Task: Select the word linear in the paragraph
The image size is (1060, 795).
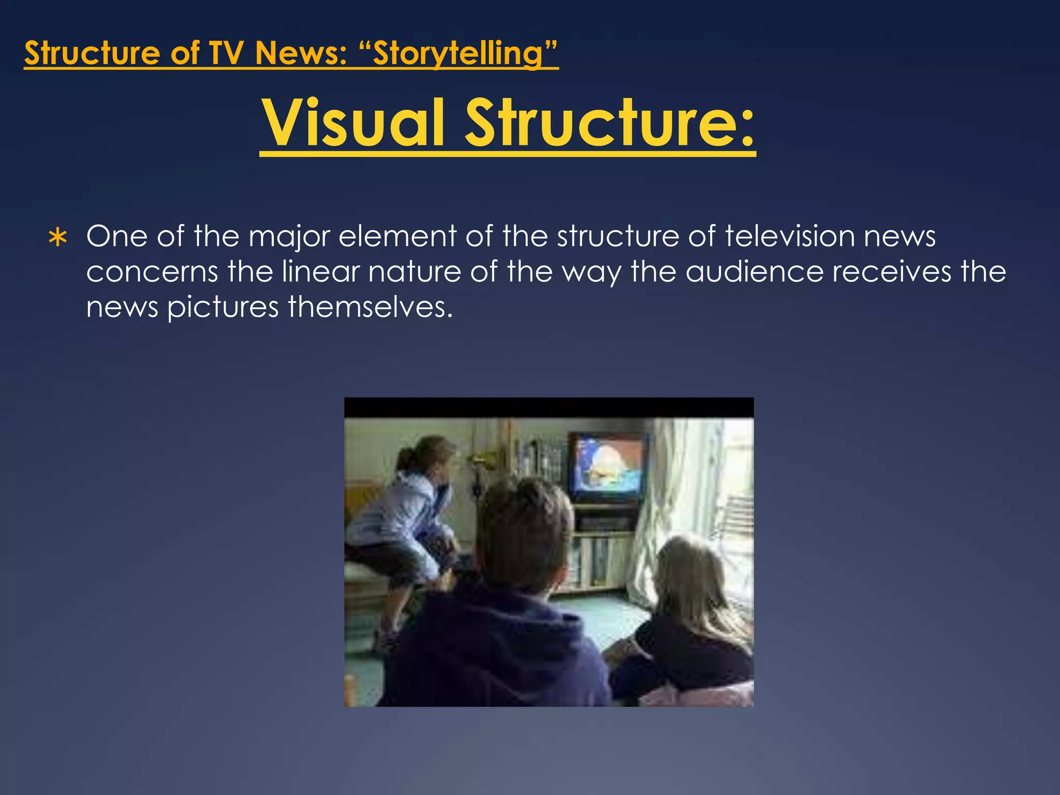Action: pyautogui.click(x=320, y=272)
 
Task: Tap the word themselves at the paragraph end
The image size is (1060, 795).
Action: pyautogui.click(x=370, y=307)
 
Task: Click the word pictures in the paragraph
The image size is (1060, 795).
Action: pyautogui.click(x=223, y=307)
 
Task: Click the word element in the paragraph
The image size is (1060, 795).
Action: pyautogui.click(x=397, y=236)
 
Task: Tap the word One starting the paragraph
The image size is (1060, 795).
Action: pyautogui.click(x=116, y=236)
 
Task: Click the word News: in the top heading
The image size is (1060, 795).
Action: pyautogui.click(x=301, y=53)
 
